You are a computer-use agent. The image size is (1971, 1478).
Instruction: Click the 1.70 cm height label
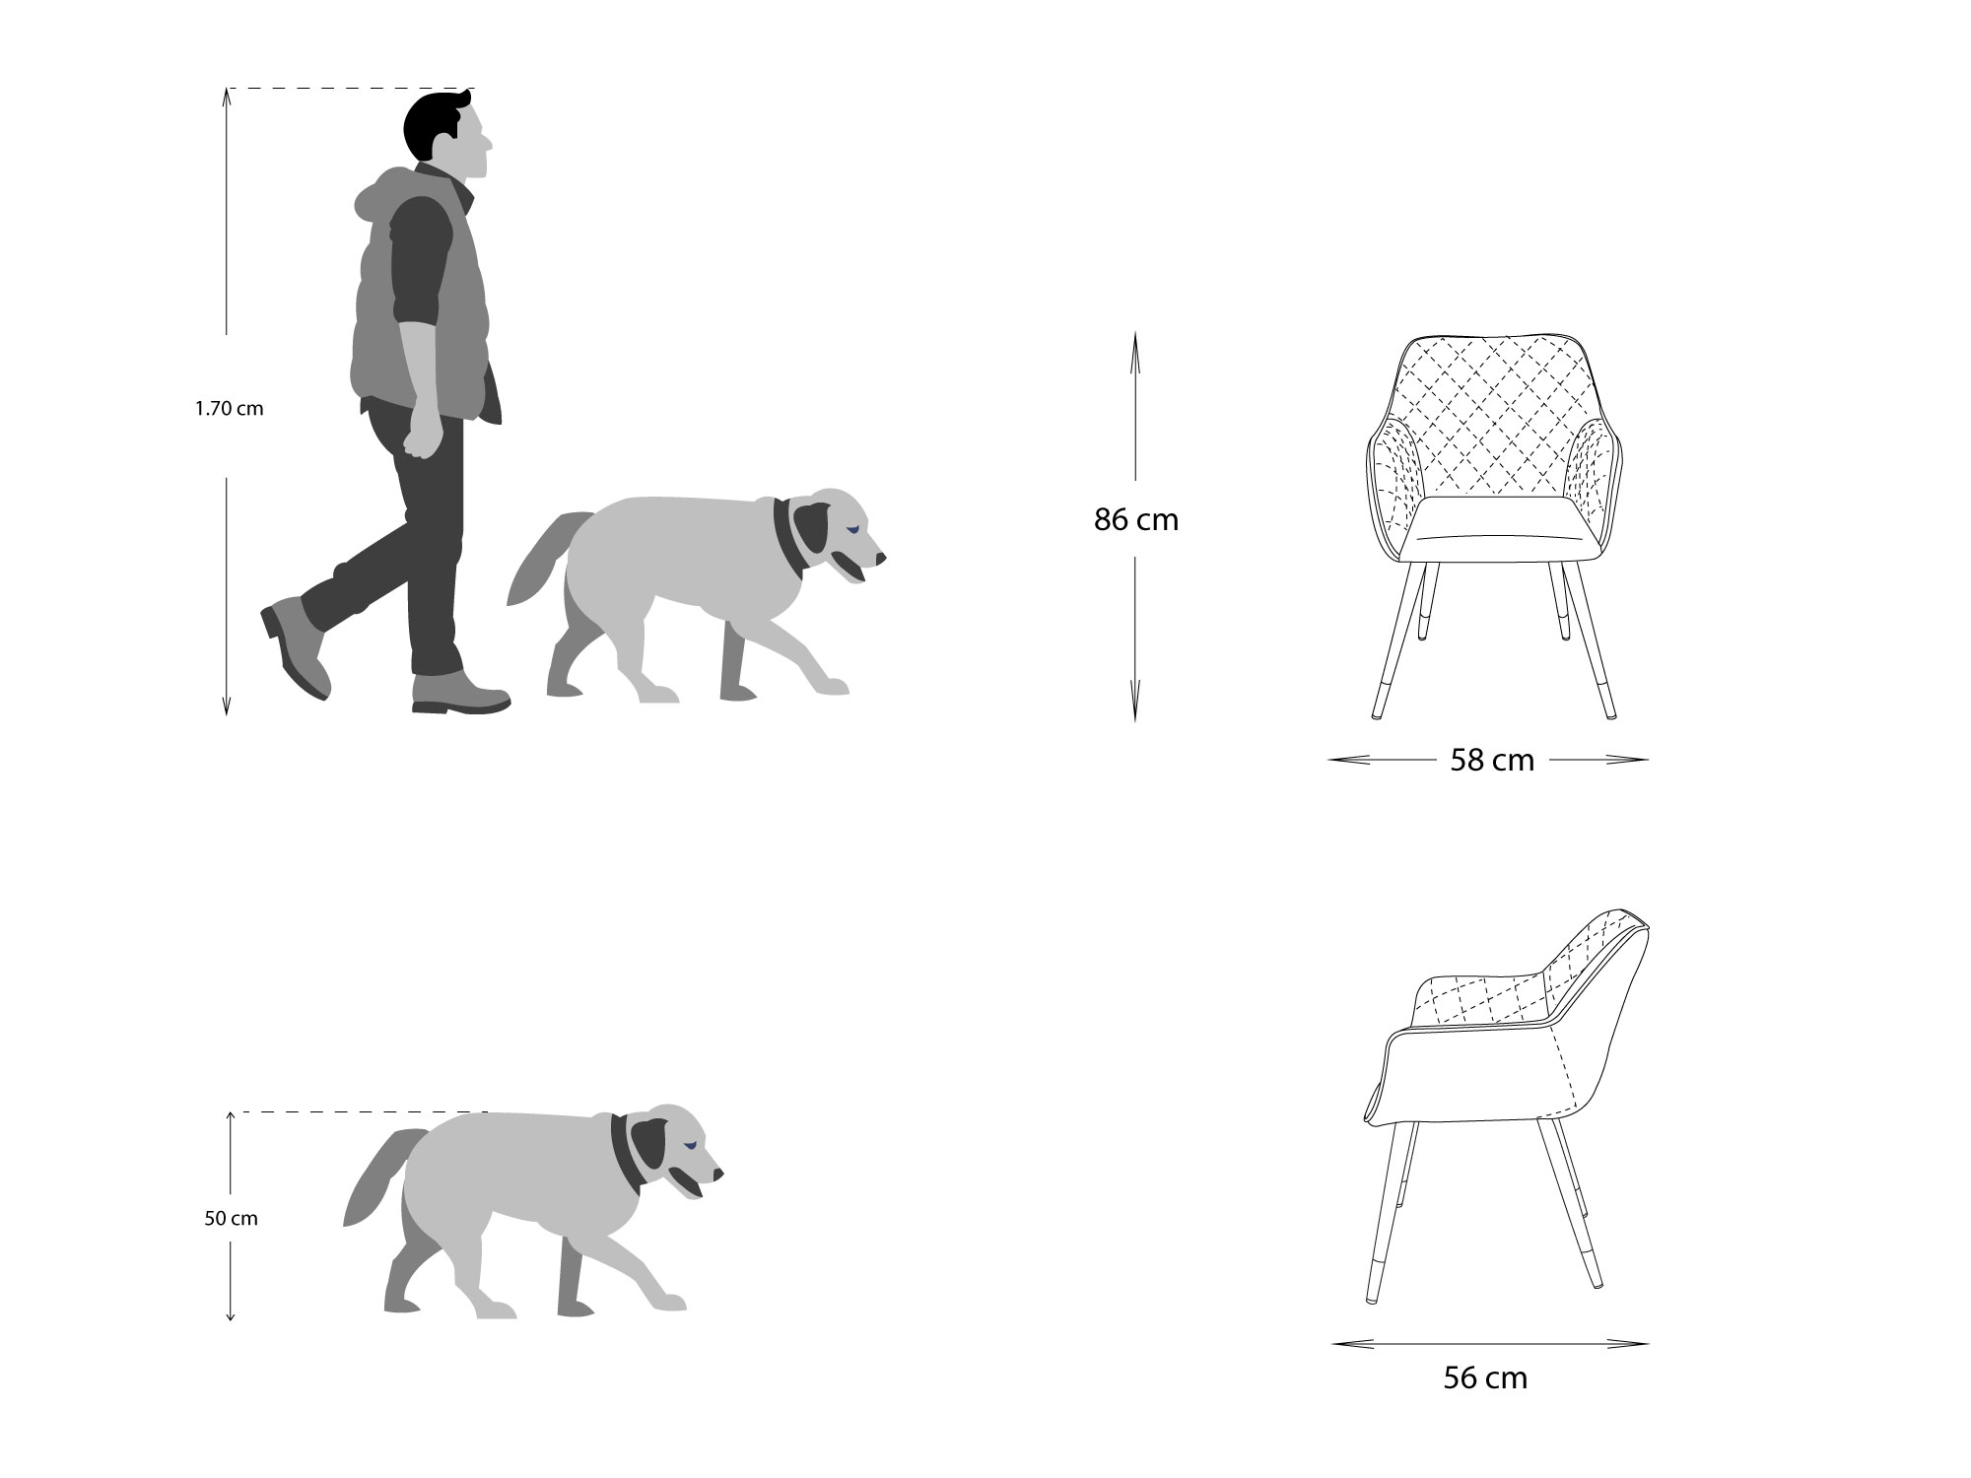229,408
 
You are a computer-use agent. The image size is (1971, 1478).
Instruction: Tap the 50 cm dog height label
231,1218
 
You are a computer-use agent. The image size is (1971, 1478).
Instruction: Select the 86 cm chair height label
1135,519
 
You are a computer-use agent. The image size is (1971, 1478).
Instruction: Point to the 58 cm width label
1492,760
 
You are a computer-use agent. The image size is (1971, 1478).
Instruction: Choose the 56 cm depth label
1485,1377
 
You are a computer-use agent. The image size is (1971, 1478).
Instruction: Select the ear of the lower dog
651,1143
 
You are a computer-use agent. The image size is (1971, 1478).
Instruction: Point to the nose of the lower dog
718,1175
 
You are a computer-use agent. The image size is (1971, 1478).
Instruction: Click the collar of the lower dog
626,1152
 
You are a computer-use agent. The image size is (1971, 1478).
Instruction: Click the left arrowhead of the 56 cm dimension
1350,1343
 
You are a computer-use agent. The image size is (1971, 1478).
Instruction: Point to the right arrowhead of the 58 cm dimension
1627,760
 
